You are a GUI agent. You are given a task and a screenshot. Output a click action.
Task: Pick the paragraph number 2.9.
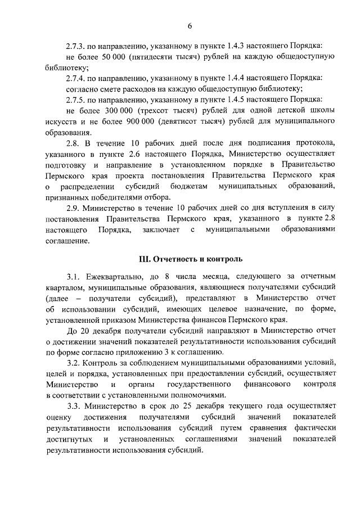click(74, 208)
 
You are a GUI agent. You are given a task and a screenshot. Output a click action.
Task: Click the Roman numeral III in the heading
click(146, 259)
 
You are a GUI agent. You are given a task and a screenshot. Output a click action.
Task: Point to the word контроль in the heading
click(224, 259)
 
